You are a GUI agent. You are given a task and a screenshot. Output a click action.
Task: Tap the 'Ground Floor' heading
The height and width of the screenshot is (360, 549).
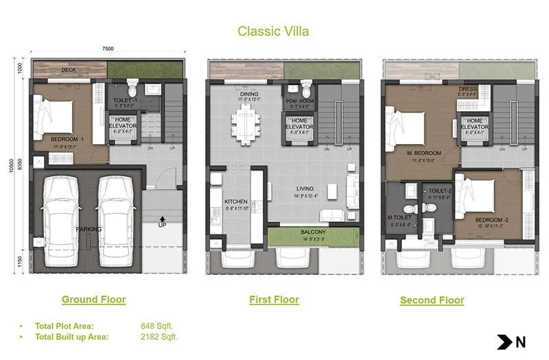click(93, 299)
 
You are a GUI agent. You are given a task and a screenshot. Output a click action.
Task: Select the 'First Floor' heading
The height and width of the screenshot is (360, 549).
click(274, 299)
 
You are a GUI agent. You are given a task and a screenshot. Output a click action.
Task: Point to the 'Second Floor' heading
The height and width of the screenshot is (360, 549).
click(432, 300)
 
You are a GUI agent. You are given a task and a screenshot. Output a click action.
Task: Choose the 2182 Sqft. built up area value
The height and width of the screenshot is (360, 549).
click(159, 337)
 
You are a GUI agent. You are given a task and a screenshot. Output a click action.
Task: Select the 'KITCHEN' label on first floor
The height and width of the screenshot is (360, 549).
click(235, 202)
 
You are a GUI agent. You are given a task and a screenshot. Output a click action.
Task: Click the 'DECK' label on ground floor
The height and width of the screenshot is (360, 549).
click(68, 70)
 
